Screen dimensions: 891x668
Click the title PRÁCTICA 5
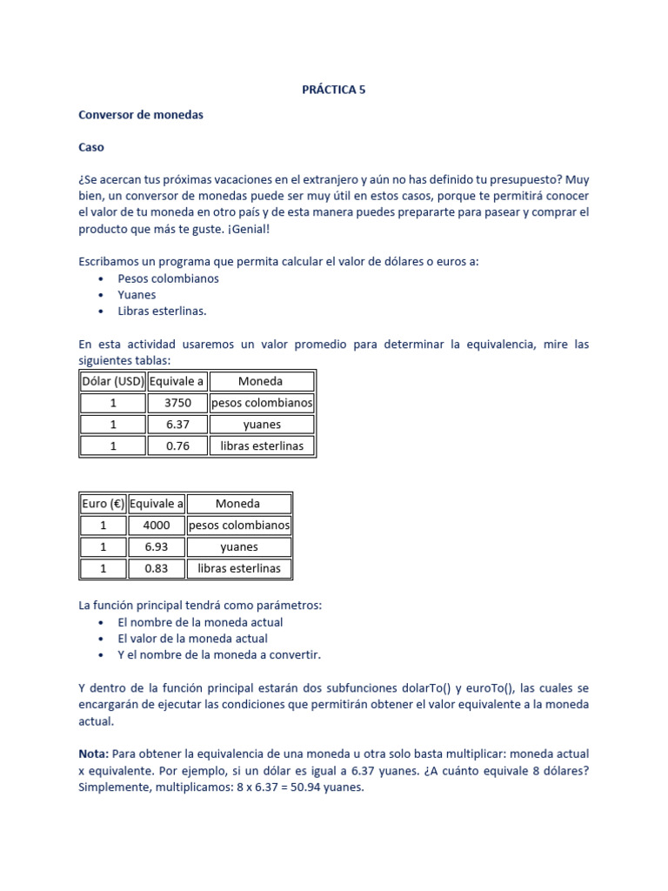tap(333, 90)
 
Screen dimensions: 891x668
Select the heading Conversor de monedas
tap(140, 115)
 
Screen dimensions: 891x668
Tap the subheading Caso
tap(91, 147)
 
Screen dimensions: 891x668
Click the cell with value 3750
tap(177, 403)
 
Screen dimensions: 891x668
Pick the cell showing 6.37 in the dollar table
tap(177, 425)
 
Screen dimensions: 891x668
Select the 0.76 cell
tap(177, 446)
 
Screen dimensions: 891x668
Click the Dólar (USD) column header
tap(112, 381)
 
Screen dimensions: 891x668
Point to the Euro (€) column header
tap(103, 504)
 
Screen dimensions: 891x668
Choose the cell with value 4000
tap(157, 526)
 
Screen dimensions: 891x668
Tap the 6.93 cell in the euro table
tap(157, 547)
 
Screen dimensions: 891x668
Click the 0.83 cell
tap(157, 569)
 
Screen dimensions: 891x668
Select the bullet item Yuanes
tap(137, 295)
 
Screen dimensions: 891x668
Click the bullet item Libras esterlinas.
tap(163, 311)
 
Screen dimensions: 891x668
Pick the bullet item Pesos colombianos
tap(168, 279)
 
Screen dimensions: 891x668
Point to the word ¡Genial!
tap(245, 229)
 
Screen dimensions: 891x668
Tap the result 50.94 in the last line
tap(306, 787)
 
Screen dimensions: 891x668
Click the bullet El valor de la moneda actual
tap(192, 639)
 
